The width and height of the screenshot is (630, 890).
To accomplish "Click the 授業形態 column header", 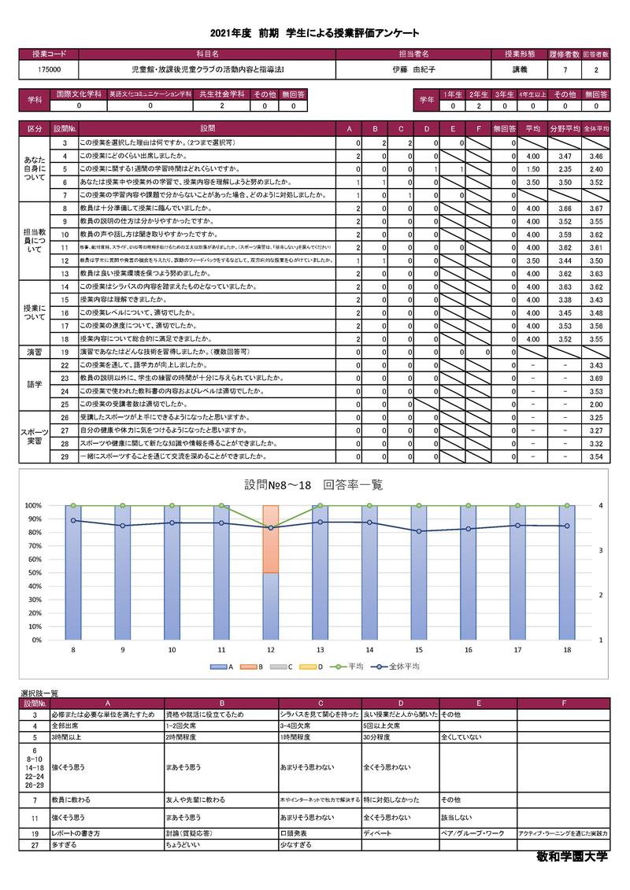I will (520, 54).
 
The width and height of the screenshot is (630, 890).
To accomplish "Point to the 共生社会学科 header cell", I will (222, 94).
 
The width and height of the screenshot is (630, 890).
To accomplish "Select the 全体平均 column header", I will (596, 127).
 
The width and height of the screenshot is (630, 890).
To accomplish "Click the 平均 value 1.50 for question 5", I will (532, 169).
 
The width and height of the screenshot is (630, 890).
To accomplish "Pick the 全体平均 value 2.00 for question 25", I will (596, 404).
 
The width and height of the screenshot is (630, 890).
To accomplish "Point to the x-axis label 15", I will (419, 650).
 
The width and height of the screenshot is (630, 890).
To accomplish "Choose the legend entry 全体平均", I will (401, 667).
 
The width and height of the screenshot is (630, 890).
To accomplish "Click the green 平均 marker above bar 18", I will (567, 506).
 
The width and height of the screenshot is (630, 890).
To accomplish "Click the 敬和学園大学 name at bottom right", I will (573, 855).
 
